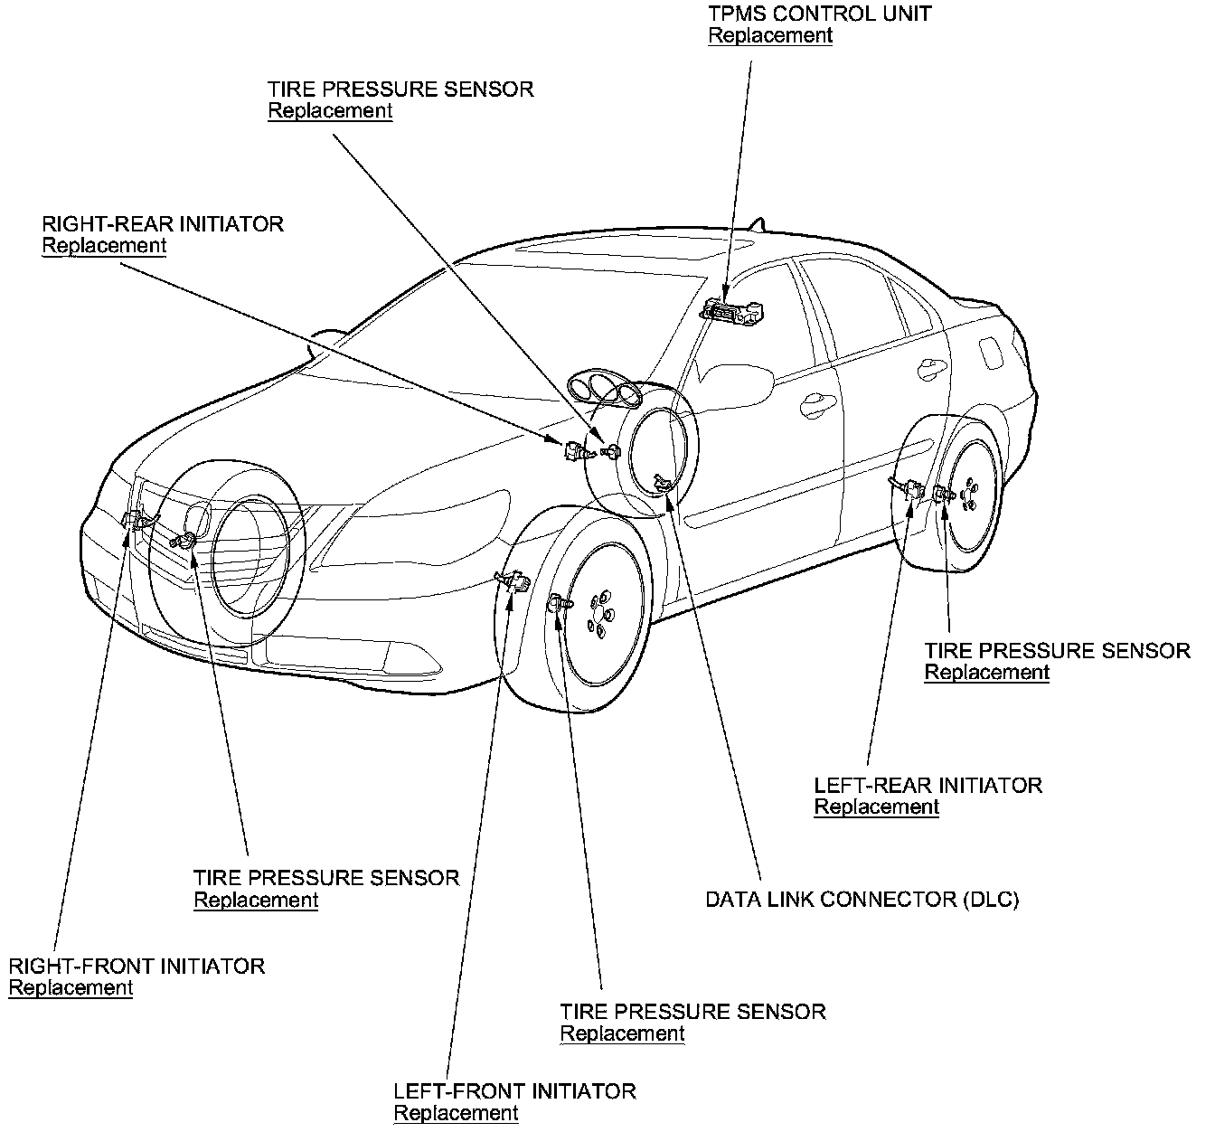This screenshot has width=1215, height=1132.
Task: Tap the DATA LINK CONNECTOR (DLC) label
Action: [862, 900]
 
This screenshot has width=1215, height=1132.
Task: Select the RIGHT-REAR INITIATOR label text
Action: [163, 223]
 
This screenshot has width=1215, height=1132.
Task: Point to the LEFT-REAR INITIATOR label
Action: [928, 785]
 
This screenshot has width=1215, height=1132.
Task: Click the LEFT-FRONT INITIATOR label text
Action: [514, 1090]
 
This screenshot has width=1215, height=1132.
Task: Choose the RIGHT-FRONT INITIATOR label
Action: [137, 966]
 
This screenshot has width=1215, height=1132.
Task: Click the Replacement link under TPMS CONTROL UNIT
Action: [769, 35]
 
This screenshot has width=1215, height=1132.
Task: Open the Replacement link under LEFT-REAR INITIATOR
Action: [876, 807]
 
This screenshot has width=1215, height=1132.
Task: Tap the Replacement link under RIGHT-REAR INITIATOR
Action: [104, 245]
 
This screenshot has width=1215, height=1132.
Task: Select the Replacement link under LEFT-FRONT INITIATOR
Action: [456, 1112]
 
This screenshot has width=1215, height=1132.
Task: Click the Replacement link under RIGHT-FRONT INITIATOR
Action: [71, 987]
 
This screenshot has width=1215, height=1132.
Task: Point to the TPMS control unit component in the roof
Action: [732, 312]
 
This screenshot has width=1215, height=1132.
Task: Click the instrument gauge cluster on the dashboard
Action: [604, 391]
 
